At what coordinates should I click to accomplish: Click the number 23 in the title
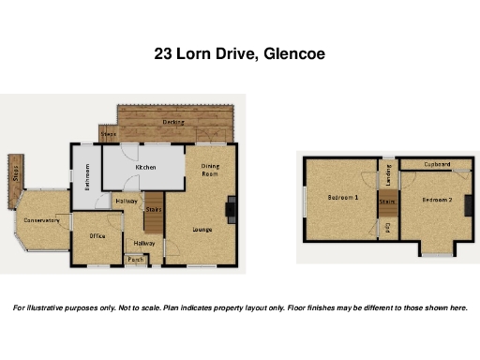pyautogui.click(x=164, y=54)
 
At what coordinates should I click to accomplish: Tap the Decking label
pyautogui.click(x=172, y=121)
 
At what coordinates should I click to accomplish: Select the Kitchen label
pyautogui.click(x=145, y=167)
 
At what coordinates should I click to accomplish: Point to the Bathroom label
pyautogui.click(x=86, y=176)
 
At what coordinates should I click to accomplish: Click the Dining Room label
pyautogui.click(x=210, y=170)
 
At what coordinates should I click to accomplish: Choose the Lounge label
pyautogui.click(x=202, y=229)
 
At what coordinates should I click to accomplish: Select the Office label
pyautogui.click(x=97, y=235)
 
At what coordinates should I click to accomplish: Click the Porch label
pyautogui.click(x=136, y=260)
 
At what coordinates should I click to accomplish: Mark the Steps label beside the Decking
pyautogui.click(x=108, y=134)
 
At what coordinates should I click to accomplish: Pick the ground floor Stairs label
pyautogui.click(x=155, y=210)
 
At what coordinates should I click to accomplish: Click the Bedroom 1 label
pyautogui.click(x=342, y=198)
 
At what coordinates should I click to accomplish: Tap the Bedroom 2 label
pyautogui.click(x=436, y=201)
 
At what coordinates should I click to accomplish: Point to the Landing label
pyautogui.click(x=386, y=174)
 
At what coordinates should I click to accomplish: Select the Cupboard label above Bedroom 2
pyautogui.click(x=437, y=164)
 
